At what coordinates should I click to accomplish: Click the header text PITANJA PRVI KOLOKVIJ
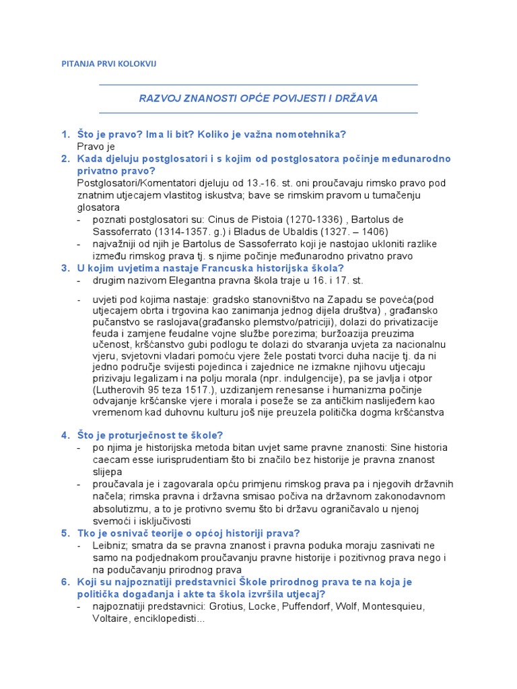(x=108, y=64)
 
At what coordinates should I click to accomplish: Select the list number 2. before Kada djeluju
(x=65, y=159)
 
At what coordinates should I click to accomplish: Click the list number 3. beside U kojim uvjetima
(x=65, y=268)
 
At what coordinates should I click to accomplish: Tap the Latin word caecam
(x=111, y=460)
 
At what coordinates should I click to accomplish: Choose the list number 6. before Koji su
(x=65, y=582)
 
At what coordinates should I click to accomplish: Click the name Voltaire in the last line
(x=112, y=618)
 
